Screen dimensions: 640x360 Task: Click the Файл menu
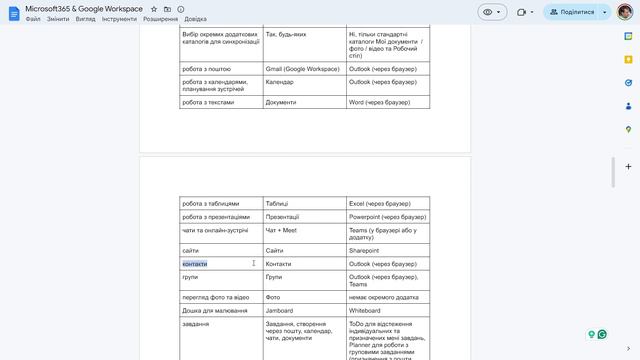click(33, 19)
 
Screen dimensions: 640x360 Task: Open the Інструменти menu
click(119, 19)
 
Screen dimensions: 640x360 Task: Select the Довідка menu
click(196, 19)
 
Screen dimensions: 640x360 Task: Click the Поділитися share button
click(572, 12)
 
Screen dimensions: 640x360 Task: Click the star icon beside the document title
click(153, 9)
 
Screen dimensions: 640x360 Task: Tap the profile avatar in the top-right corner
click(624, 12)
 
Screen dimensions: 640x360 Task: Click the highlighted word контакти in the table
click(194, 264)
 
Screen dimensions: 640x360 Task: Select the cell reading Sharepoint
click(364, 250)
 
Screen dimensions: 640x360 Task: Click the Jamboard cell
click(284, 311)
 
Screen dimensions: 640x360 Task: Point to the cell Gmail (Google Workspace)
click(303, 69)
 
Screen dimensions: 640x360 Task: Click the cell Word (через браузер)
click(380, 102)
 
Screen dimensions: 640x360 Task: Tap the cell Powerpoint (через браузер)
click(387, 217)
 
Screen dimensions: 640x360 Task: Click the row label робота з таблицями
click(211, 203)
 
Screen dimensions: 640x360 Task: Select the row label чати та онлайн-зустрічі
click(216, 230)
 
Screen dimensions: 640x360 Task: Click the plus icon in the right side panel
click(627, 166)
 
